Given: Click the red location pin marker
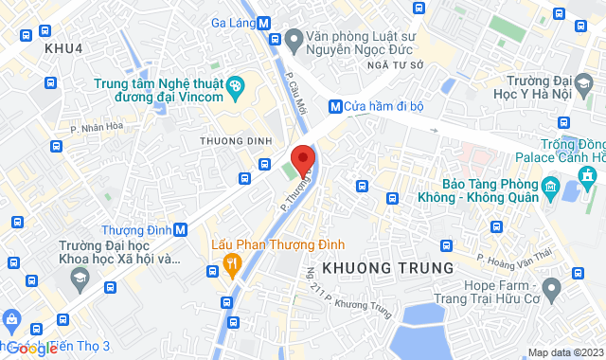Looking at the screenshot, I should point(302,161).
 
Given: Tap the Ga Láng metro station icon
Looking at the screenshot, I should point(263,26).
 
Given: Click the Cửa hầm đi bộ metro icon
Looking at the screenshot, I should point(335,106).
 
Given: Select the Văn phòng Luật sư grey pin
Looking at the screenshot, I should point(294,39).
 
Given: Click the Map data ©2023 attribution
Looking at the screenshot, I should point(564,352).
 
